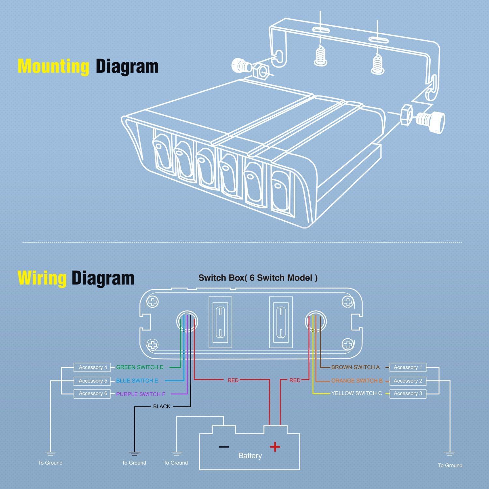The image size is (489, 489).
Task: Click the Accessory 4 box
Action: (93, 367)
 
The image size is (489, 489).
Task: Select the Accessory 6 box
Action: (93, 393)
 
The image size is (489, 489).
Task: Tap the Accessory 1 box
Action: (407, 367)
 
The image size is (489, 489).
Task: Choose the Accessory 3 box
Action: (407, 393)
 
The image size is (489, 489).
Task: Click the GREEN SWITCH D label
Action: (140, 367)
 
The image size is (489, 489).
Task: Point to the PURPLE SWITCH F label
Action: (141, 394)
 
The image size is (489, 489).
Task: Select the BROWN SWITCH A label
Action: (355, 367)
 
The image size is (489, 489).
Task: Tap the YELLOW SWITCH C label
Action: (357, 393)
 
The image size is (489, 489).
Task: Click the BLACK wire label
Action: (162, 407)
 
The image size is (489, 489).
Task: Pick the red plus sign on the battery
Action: (275, 447)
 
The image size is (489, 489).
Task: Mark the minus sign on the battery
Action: (224, 447)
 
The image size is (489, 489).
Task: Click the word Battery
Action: (250, 456)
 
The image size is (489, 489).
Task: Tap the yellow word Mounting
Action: (53, 66)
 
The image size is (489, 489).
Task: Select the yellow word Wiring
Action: (42, 278)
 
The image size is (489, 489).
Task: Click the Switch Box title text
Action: (258, 278)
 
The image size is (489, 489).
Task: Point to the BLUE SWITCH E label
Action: (137, 381)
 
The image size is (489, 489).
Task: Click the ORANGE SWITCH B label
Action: (357, 381)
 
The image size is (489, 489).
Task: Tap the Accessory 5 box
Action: (93, 381)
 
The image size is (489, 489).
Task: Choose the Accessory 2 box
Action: (407, 381)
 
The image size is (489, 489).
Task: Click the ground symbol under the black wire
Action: (134, 453)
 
